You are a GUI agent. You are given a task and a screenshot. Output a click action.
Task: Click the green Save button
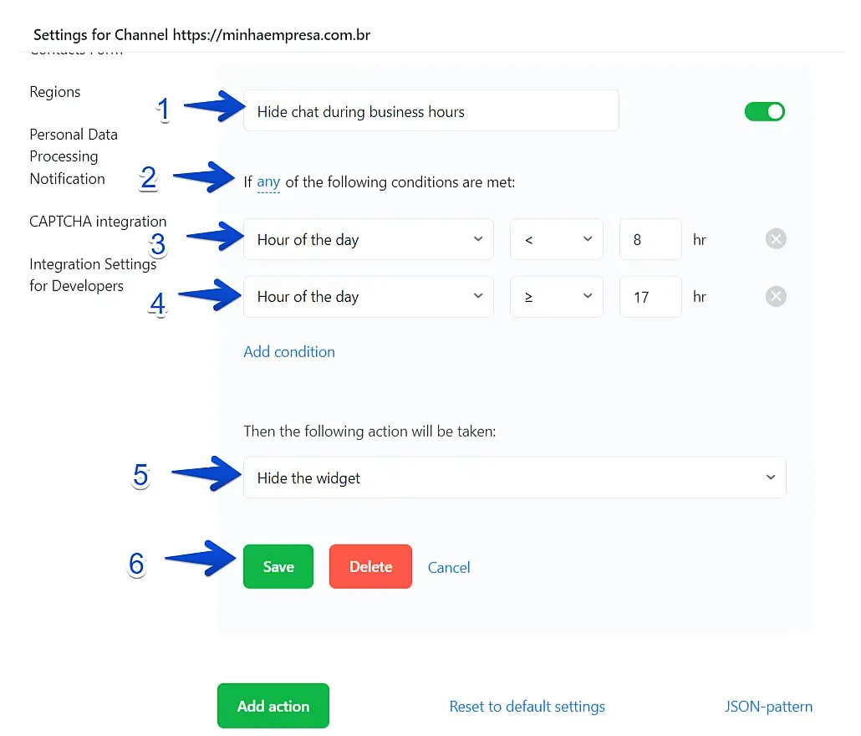pyautogui.click(x=278, y=566)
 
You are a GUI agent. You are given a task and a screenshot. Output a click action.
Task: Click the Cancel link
pyautogui.click(x=449, y=567)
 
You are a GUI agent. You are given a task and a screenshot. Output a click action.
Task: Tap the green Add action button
pyautogui.click(x=273, y=706)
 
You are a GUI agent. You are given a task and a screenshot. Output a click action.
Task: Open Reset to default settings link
pyautogui.click(x=527, y=707)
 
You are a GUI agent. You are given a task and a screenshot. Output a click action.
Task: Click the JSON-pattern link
pyautogui.click(x=768, y=707)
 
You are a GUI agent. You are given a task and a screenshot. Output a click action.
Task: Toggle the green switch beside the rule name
pyautogui.click(x=764, y=111)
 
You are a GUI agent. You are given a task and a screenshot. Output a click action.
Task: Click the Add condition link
pyautogui.click(x=289, y=351)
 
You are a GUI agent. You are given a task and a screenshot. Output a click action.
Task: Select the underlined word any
pyautogui.click(x=268, y=181)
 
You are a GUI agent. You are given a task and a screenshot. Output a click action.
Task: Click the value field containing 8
pyautogui.click(x=650, y=239)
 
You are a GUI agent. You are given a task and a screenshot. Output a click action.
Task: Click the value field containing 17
pyautogui.click(x=650, y=297)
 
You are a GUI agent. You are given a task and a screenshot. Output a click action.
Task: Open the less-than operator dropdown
pyautogui.click(x=556, y=239)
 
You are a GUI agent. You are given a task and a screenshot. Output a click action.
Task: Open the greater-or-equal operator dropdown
pyautogui.click(x=556, y=297)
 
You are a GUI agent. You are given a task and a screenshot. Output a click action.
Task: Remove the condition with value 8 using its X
pyautogui.click(x=776, y=239)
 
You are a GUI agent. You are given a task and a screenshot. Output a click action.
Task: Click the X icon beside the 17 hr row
pyautogui.click(x=776, y=297)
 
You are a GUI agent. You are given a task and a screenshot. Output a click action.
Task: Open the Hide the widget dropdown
pyautogui.click(x=515, y=478)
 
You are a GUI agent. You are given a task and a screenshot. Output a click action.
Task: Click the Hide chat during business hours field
pyautogui.click(x=431, y=111)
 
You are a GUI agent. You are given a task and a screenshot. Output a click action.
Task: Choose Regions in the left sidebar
pyautogui.click(x=55, y=92)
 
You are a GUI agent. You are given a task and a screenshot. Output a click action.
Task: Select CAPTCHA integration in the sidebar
pyautogui.click(x=98, y=222)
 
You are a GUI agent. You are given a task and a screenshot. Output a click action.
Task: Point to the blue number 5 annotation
pyautogui.click(x=140, y=475)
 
